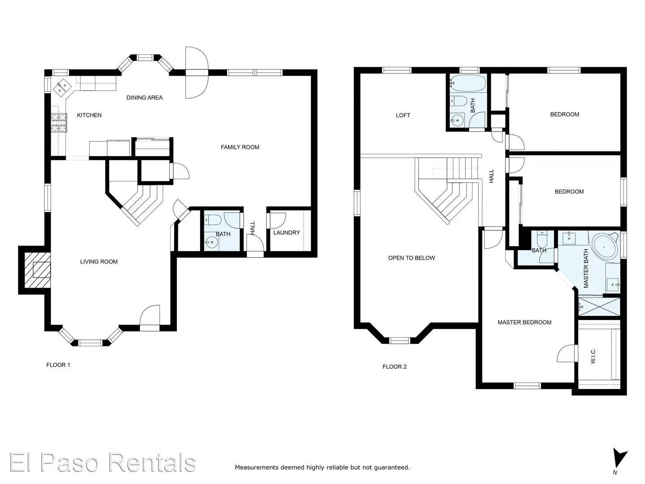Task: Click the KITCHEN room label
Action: (x=89, y=115)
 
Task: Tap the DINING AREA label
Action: (x=144, y=98)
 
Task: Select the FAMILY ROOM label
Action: (x=240, y=147)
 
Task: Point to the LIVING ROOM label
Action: (x=99, y=262)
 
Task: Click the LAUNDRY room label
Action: (x=286, y=233)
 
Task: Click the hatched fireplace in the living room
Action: (x=37, y=270)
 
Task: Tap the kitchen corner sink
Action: (x=61, y=86)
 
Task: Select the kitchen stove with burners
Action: (x=59, y=123)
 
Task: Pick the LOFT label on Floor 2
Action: (x=403, y=115)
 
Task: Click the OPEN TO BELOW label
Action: (x=411, y=258)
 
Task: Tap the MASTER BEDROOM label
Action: (x=524, y=322)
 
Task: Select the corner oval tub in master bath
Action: (x=605, y=247)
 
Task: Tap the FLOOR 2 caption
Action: (x=394, y=367)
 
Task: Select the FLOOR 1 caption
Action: (x=58, y=365)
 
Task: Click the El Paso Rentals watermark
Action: (x=103, y=462)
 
